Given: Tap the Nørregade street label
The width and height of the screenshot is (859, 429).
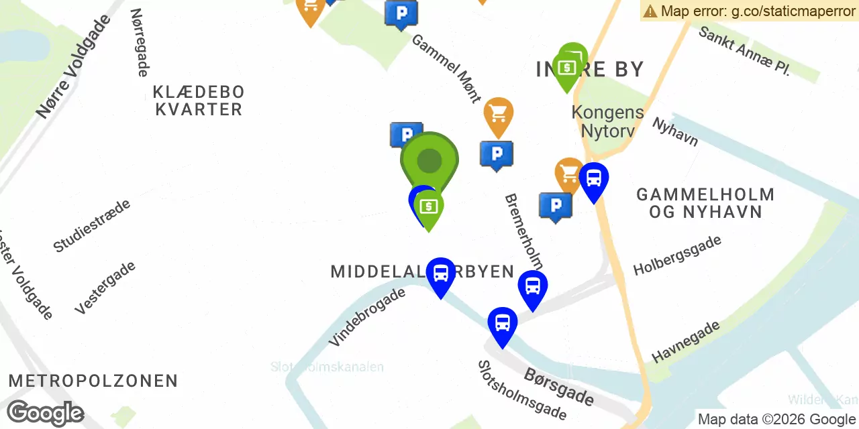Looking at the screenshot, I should pos(139,42).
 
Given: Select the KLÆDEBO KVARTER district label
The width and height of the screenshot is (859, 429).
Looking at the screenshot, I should pos(198,101).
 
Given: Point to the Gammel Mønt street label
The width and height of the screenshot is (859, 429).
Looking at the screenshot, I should pos(446,68).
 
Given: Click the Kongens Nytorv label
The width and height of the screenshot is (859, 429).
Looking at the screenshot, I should pos(607,121).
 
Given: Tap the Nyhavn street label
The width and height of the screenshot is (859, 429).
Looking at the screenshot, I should pos(675,132).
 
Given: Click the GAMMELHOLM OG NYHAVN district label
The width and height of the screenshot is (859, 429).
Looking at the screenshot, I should pos(705,203).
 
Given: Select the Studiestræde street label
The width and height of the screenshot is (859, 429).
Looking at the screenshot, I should pos(91,225).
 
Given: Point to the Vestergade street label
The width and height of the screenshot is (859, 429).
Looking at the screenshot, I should pos(105,288).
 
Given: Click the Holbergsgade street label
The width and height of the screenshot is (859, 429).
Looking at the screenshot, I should pos(677,255).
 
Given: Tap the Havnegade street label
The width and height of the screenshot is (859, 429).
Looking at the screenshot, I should pos(686,341).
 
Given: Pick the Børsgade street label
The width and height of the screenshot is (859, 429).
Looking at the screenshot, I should pos(559,387).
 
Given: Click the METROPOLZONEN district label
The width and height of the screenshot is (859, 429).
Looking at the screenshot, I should pos(93,381).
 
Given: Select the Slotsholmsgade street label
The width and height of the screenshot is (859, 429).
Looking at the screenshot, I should pos(521,390).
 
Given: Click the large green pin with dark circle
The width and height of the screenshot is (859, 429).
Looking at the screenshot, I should pos(429,161).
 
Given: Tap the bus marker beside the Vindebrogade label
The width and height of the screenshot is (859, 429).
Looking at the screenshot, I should pos(441,274).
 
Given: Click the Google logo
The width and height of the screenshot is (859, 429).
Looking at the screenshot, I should pos(45,414).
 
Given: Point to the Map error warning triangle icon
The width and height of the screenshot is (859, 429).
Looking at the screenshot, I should pos(650,11).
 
